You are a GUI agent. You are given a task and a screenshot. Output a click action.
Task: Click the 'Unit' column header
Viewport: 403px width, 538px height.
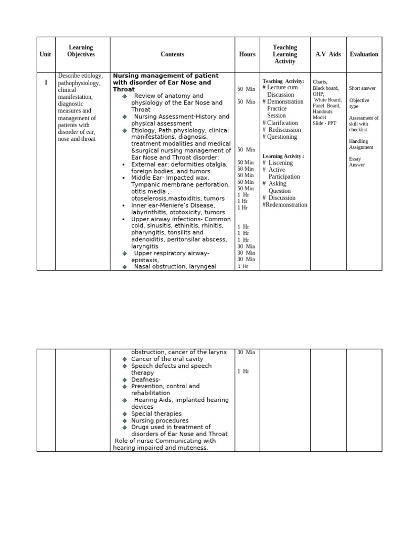click(x=46, y=54)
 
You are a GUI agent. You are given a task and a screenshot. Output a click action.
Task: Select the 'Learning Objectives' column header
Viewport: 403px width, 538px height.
click(x=81, y=51)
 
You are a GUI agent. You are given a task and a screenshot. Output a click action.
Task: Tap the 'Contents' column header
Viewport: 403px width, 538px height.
click(x=172, y=54)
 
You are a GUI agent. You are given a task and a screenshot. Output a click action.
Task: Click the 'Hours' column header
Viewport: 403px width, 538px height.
click(x=247, y=54)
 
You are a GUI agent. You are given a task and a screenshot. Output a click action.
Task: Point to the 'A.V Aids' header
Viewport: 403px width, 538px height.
click(x=328, y=54)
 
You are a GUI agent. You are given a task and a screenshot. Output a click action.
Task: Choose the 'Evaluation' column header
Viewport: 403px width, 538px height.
click(x=364, y=54)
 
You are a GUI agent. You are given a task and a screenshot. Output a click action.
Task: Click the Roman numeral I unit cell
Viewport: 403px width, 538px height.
click(x=46, y=82)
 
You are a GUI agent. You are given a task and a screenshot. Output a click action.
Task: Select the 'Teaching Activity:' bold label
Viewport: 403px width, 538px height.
click(x=283, y=81)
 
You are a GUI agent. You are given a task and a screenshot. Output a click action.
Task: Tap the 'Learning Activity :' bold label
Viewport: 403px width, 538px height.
click(x=283, y=156)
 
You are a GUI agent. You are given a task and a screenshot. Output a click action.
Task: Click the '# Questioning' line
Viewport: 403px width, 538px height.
click(x=280, y=137)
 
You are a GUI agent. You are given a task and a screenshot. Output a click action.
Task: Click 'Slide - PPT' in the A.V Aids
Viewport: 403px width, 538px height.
click(x=325, y=123)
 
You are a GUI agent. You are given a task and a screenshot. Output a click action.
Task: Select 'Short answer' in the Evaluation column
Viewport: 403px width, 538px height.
click(x=362, y=88)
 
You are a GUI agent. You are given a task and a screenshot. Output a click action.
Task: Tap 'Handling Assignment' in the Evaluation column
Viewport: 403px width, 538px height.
click(x=361, y=144)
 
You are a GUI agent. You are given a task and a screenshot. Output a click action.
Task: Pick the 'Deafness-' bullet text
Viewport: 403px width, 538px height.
click(x=146, y=379)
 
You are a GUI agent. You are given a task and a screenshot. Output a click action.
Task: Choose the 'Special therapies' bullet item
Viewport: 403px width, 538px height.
click(x=156, y=413)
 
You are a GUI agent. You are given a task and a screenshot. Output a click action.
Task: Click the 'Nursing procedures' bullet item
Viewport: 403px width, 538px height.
click(x=160, y=420)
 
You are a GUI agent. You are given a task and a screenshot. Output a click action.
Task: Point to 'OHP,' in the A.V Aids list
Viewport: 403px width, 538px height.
click(x=318, y=94)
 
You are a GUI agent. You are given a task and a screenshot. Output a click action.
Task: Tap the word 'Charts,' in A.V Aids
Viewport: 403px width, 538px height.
click(x=320, y=82)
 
